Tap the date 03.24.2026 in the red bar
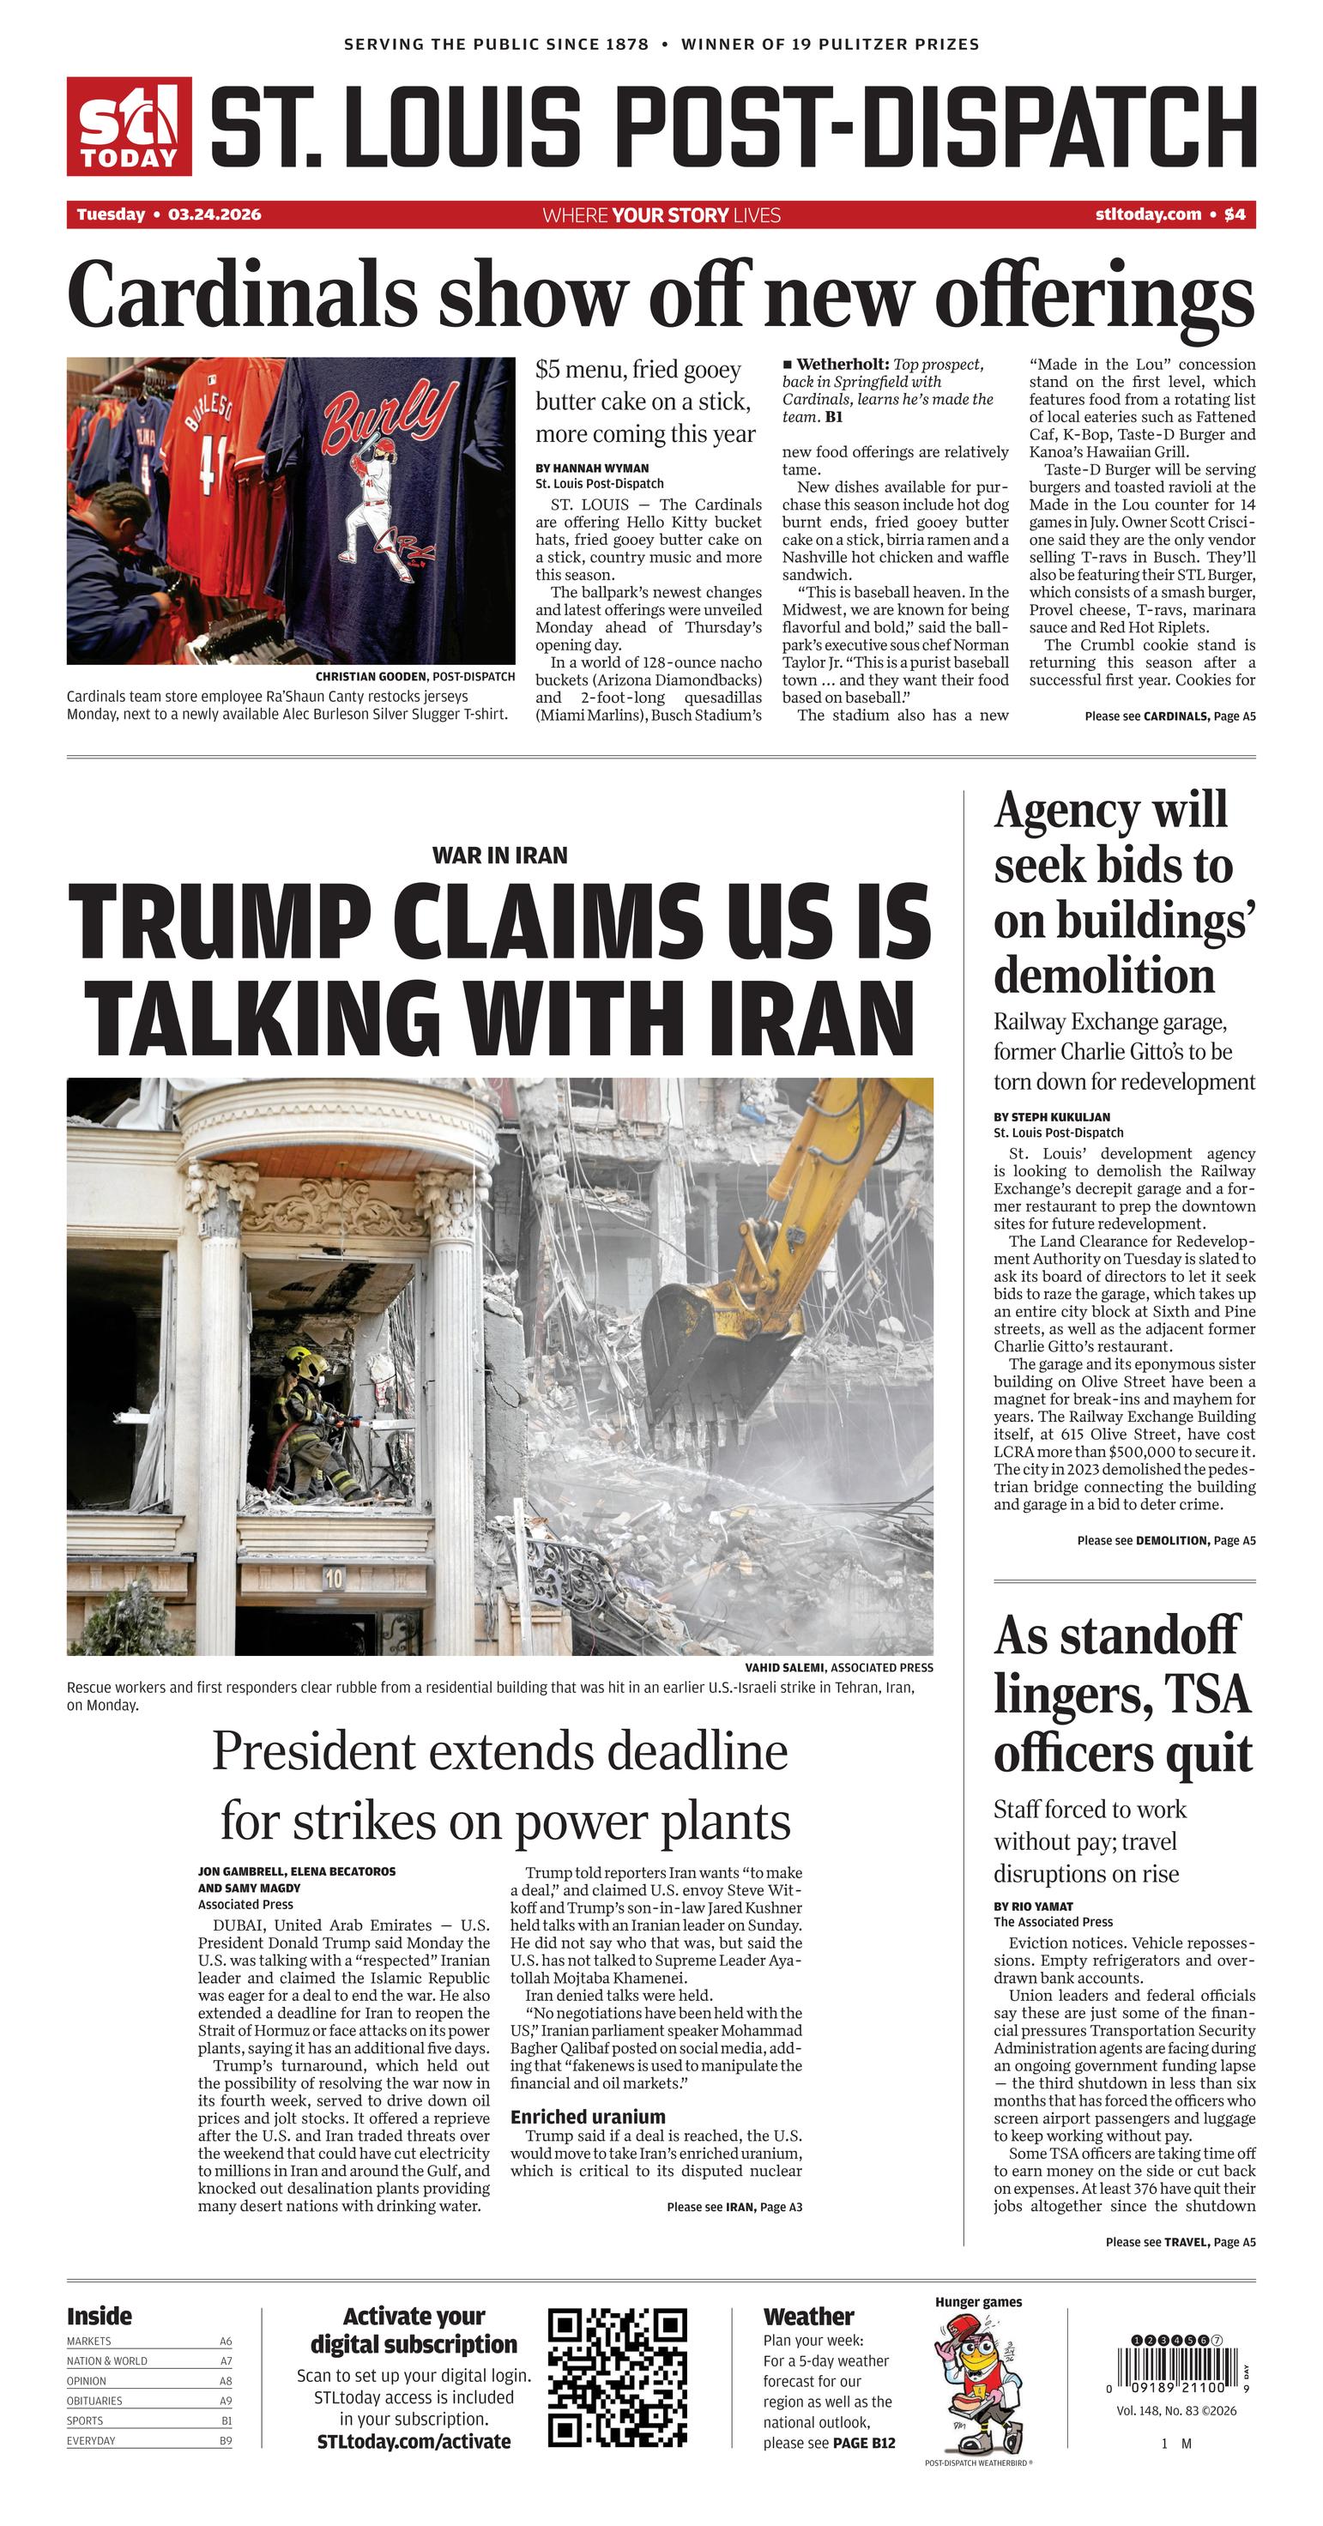click(214, 215)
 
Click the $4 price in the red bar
click(1235, 215)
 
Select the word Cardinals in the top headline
click(241, 295)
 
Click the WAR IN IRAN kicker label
click(499, 855)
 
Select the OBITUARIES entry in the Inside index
click(95, 2402)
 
